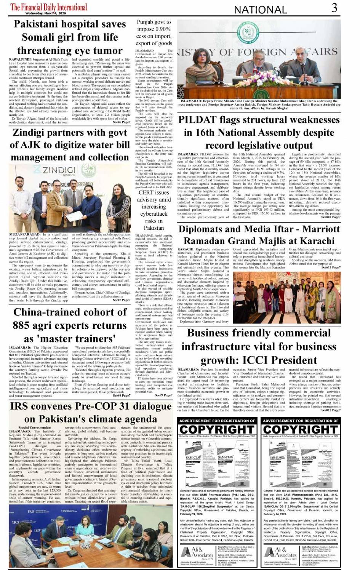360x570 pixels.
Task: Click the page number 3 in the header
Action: coord(334,7)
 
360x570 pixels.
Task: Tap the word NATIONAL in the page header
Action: coord(261,10)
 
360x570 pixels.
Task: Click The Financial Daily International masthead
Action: coord(48,7)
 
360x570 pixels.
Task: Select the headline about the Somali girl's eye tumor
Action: coord(70,37)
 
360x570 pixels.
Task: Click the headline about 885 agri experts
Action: coord(70,325)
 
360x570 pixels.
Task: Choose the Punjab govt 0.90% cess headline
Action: coord(154,32)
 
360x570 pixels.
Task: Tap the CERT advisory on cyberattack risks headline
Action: coord(154,210)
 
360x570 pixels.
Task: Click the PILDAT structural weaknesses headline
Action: coord(259,133)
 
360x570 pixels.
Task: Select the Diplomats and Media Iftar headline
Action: coord(259,235)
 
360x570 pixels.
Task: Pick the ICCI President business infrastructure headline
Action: coord(259,346)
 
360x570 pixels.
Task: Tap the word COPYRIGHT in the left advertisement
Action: coord(217,429)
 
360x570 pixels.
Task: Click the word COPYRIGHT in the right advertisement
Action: coord(301,429)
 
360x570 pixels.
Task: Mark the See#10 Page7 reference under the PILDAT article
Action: coord(331,217)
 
